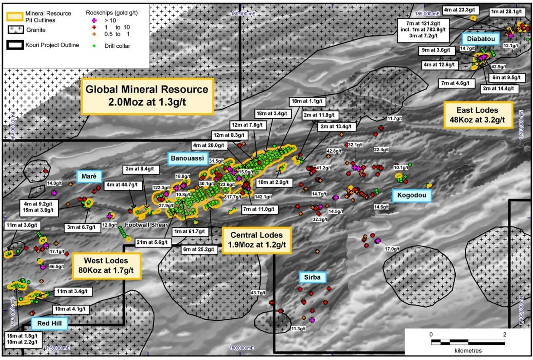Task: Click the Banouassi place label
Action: [188, 158]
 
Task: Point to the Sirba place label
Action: [313, 278]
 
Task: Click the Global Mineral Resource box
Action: [147, 96]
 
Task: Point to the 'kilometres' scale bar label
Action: [468, 351]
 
